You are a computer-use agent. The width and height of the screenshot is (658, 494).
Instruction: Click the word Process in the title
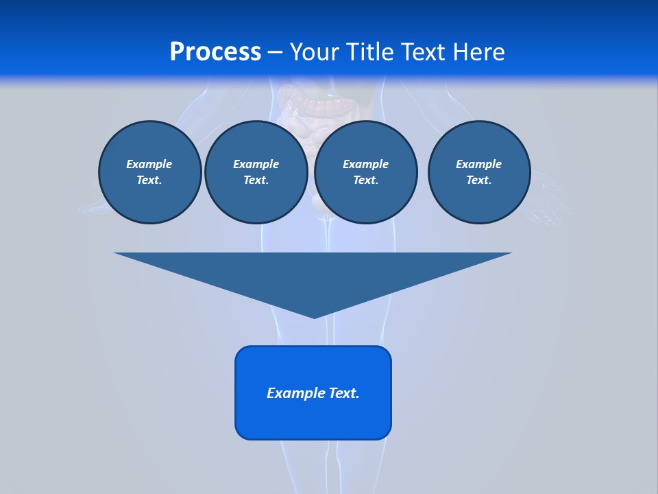coord(215,51)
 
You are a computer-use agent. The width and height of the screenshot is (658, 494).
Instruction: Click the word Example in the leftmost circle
coord(149,164)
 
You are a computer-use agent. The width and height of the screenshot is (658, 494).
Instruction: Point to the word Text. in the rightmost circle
coord(478,180)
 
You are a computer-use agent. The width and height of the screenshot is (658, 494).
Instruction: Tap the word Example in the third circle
coord(365,164)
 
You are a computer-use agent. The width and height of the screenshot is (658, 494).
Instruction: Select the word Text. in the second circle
coord(256,180)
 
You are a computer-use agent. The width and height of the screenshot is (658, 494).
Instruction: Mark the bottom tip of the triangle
coord(314,316)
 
